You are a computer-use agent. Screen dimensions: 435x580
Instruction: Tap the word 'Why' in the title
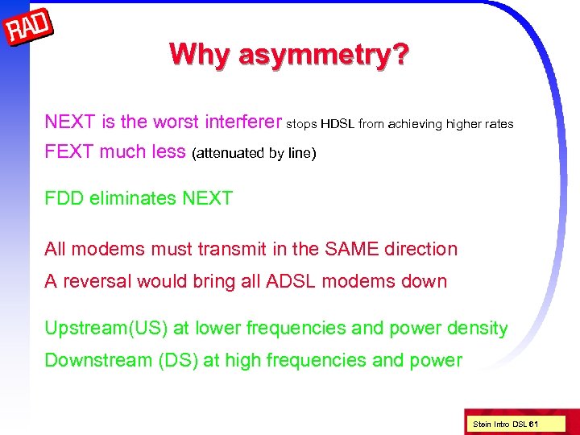193,55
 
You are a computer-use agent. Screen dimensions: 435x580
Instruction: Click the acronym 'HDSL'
338,124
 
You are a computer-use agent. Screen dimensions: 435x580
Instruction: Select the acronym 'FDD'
64,198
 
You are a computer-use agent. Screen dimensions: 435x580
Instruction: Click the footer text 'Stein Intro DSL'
500,423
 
